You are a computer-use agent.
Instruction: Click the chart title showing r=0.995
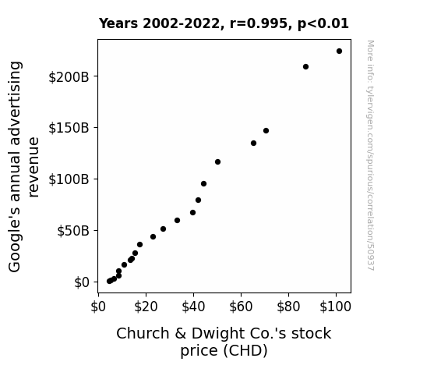[224, 23]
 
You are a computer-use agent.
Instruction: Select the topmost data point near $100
[339, 51]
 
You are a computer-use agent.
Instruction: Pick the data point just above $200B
[305, 66]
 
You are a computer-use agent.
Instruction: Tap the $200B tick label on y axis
[69, 77]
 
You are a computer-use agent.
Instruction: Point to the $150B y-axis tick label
[69, 128]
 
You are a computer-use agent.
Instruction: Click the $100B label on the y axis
[69, 179]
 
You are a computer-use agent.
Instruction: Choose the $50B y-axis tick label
[73, 231]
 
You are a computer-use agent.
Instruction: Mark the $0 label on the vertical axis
[82, 282]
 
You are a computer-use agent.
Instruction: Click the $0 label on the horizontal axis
[98, 307]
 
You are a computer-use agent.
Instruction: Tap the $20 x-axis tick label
[146, 307]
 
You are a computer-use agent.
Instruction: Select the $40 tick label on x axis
[193, 307]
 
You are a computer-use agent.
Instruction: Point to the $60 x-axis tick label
[241, 307]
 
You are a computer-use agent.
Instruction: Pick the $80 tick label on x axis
[288, 307]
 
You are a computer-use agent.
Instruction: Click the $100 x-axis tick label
[336, 307]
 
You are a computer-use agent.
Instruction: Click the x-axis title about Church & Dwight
[224, 342]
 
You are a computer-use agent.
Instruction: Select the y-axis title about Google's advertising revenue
[23, 166]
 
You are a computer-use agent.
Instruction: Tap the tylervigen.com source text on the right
[371, 155]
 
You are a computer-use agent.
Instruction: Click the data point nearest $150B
[266, 131]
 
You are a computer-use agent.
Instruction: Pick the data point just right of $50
[217, 162]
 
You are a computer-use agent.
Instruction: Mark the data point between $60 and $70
[253, 143]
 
